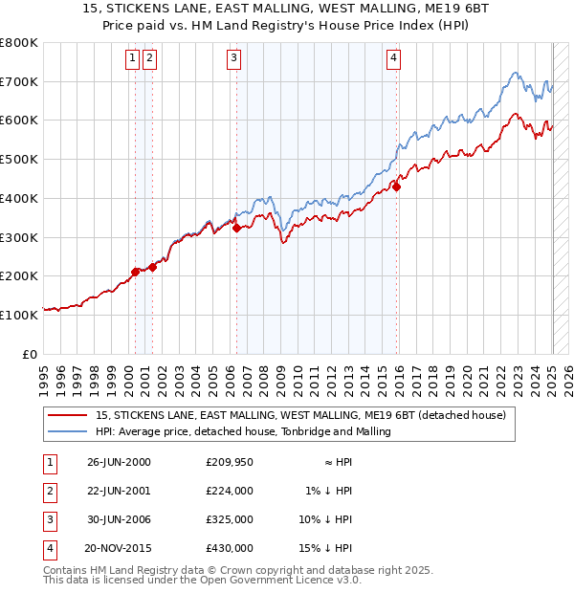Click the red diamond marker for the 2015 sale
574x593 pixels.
tap(396, 187)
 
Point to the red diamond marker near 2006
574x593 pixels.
tap(236, 228)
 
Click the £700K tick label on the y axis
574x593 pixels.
tap(19, 82)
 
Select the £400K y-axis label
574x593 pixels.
tap(19, 199)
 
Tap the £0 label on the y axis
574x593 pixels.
tap(31, 354)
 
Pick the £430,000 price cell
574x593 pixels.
tap(230, 548)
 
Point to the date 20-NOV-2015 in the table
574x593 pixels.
tap(120, 548)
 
